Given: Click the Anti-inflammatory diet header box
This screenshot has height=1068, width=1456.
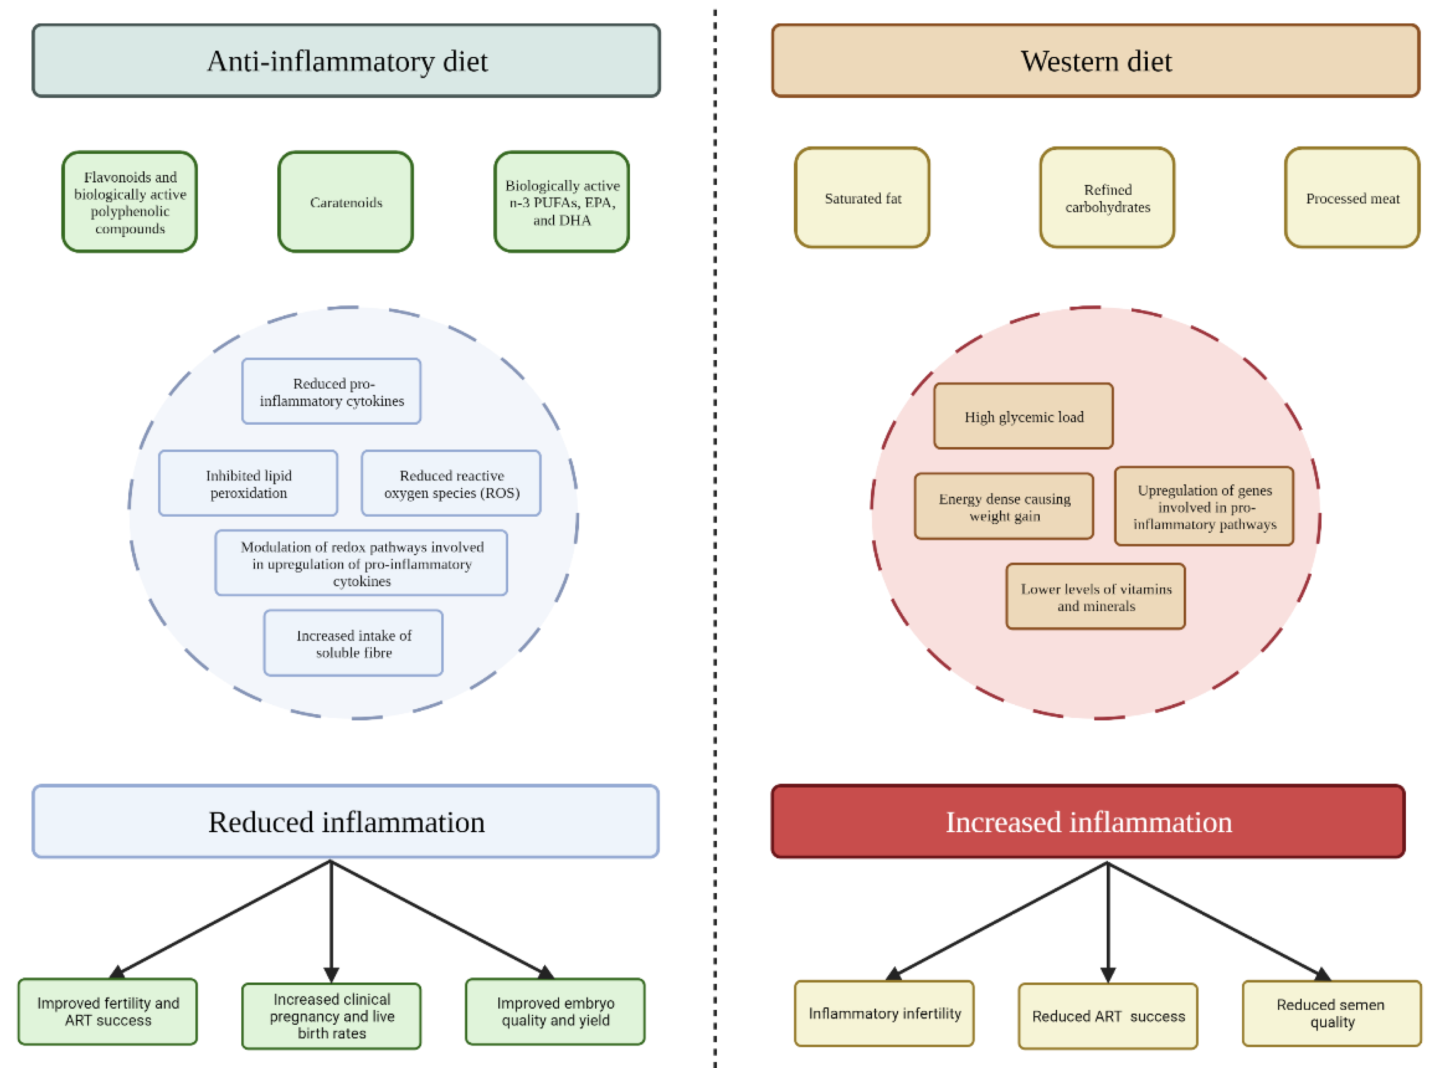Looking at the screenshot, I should [346, 61].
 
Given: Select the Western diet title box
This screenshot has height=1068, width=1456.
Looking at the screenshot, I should [1096, 61].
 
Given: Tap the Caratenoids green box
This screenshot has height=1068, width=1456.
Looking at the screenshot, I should [345, 202].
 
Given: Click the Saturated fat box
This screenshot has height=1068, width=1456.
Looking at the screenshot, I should [862, 198].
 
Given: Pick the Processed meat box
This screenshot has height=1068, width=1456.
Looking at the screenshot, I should [1352, 198].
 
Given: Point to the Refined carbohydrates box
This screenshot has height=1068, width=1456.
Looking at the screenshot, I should [1107, 198].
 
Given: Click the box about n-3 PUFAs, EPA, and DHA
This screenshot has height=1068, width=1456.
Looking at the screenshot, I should [562, 202].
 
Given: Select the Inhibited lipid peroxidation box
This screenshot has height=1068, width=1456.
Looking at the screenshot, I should [248, 483].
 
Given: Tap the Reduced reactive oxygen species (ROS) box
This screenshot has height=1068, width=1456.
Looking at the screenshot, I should [451, 483].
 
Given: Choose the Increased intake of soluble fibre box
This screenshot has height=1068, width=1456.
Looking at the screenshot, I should [353, 643].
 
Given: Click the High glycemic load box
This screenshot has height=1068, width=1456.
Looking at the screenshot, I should [1023, 417].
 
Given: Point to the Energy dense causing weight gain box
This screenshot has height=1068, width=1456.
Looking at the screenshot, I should [1004, 507].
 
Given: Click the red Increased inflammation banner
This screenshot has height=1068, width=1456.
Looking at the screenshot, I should [1088, 822].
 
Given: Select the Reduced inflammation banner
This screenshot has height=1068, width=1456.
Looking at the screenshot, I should [346, 822].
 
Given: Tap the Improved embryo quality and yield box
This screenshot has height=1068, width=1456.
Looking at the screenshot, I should [555, 1012].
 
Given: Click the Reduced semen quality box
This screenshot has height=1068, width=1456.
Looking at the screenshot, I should [1331, 1013].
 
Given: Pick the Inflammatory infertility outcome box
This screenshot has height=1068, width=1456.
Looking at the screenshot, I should [884, 1013].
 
